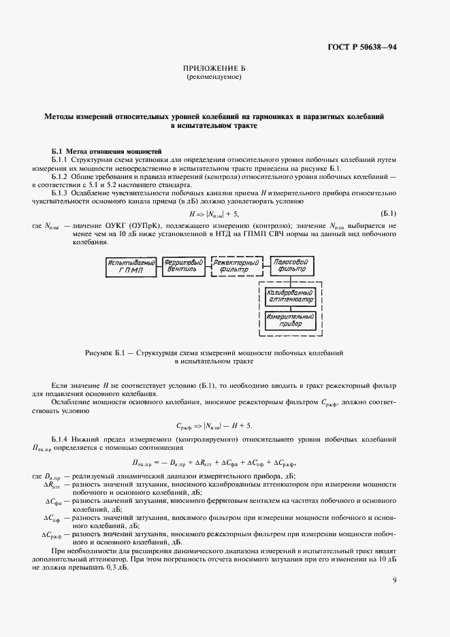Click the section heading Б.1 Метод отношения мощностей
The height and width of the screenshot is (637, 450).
(x=107, y=150)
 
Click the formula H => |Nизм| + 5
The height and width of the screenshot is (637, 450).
(x=214, y=215)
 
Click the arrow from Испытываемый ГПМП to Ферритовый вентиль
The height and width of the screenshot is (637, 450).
(x=158, y=265)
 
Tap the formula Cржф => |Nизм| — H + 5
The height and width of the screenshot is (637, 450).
(x=214, y=425)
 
